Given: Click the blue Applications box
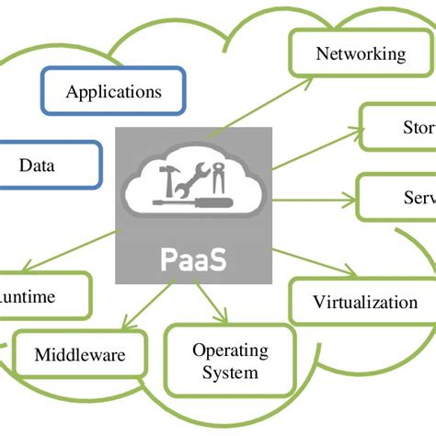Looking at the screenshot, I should (113, 92).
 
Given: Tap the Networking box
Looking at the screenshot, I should (361, 54).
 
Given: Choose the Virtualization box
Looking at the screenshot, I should (364, 303).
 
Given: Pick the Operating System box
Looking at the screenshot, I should (230, 361).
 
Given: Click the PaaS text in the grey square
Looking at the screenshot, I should (193, 259).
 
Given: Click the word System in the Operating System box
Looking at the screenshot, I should (230, 373).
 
